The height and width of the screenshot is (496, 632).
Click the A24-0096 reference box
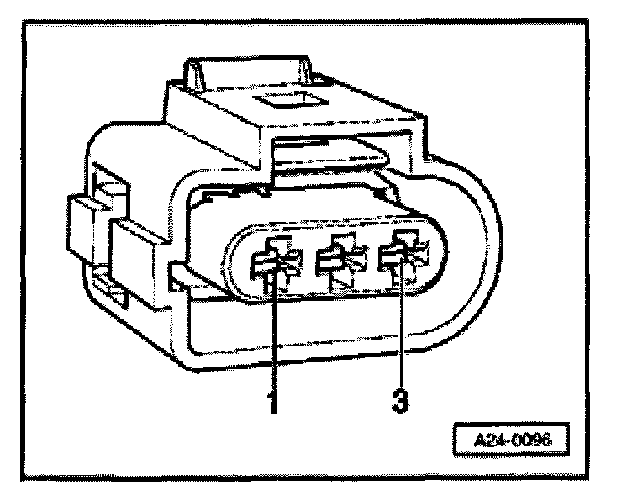click(x=503, y=440)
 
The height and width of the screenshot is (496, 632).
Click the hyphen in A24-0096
click(x=501, y=440)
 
